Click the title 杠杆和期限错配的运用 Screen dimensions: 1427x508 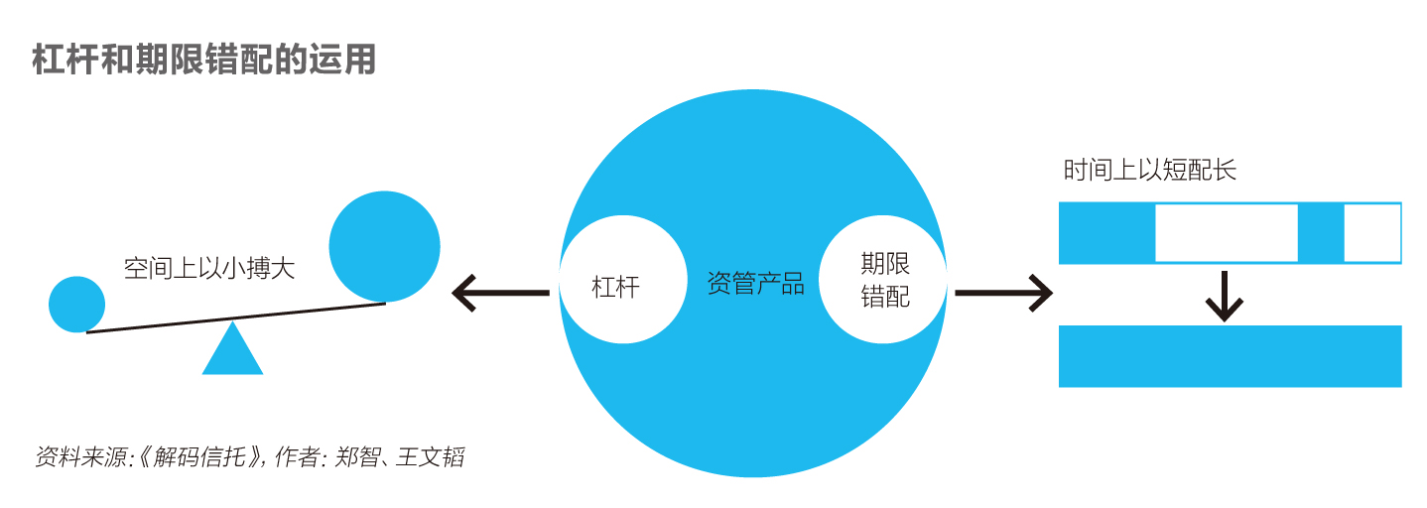coord(203,60)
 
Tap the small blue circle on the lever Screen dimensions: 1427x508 coord(77,305)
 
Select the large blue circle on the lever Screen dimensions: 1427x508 coord(384,246)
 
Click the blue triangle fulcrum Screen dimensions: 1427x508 coord(232,348)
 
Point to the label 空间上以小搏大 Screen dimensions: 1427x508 coord(209,268)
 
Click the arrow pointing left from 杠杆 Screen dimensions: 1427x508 coord(500,293)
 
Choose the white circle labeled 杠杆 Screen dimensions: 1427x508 coord(623,280)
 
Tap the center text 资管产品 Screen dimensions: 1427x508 coord(755,284)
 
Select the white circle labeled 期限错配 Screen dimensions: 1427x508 coord(883,280)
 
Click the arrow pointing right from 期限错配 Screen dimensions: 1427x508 coord(1003,293)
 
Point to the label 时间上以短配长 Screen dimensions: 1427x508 coord(1150,170)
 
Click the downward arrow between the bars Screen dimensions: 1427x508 coord(1225,296)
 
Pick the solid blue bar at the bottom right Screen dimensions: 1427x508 coord(1231,356)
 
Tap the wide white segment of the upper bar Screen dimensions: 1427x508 coord(1227,233)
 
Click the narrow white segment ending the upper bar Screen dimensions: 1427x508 coord(1372,233)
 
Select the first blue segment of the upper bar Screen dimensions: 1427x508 coord(1107,233)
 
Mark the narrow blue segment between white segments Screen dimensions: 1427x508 coord(1321,233)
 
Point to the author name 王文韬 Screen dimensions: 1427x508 coord(430,457)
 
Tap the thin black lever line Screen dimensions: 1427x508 coord(236,317)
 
